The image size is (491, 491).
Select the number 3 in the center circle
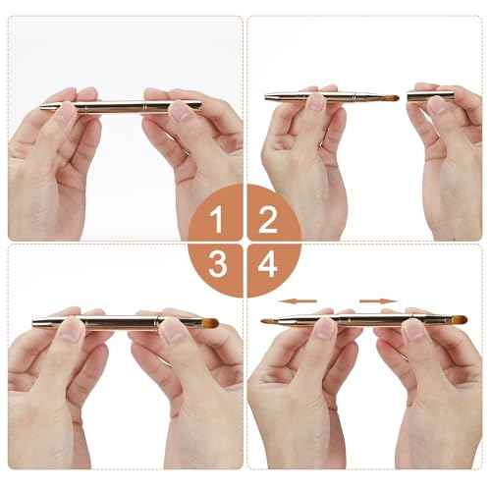click(x=218, y=266)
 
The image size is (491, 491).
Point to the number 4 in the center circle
click(x=267, y=266)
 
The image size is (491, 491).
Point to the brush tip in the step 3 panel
click(x=208, y=322)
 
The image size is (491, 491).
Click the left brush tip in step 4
click(x=268, y=321)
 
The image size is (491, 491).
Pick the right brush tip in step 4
click(x=456, y=320)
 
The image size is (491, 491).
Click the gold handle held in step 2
click(x=314, y=98)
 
